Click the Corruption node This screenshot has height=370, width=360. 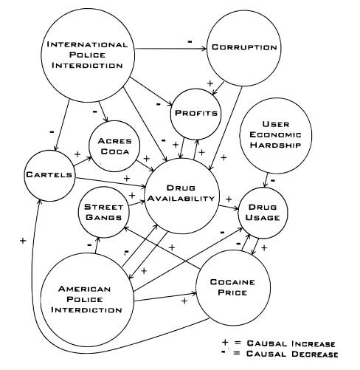[x=243, y=48]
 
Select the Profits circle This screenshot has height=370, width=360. [x=195, y=114]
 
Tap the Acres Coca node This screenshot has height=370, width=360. [x=114, y=146]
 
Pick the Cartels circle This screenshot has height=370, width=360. [x=49, y=176]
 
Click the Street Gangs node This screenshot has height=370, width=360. [x=103, y=212]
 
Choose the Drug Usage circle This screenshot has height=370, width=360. [x=263, y=213]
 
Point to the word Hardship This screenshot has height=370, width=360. [x=275, y=145]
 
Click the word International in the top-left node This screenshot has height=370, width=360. [x=87, y=44]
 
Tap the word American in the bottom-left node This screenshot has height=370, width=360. [x=84, y=289]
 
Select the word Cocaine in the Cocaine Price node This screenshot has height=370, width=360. [x=232, y=282]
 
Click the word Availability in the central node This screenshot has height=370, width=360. [x=181, y=199]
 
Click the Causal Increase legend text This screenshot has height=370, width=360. [x=291, y=343]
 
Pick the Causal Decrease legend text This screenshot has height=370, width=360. [x=292, y=354]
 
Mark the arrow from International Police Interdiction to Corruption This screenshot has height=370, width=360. [x=170, y=49]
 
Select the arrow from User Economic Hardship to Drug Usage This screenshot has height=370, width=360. [x=266, y=180]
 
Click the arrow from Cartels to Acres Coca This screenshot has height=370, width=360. [x=83, y=161]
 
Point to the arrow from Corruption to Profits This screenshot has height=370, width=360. [x=218, y=88]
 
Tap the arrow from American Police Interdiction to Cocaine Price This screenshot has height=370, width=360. [x=165, y=297]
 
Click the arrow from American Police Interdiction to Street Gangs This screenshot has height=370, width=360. [x=97, y=245]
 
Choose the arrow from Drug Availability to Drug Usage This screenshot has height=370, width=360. [x=229, y=208]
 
